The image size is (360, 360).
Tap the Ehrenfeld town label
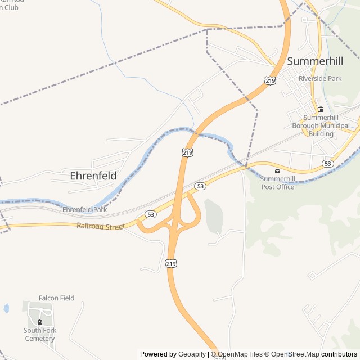point(93,175)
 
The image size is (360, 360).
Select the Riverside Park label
point(320,79)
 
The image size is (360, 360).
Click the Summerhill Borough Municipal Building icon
point(321,109)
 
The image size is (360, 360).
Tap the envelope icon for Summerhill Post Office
point(277,170)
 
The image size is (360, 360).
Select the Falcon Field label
point(56,298)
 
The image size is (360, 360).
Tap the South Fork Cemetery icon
point(39,322)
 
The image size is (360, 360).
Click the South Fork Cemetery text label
point(39,335)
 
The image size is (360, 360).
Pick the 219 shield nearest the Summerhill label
point(270,81)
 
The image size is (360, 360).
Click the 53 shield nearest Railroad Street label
point(150,214)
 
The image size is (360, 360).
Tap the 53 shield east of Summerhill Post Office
point(328,163)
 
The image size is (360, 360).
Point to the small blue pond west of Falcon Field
point(6,308)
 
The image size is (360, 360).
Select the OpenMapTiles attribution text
point(240,354)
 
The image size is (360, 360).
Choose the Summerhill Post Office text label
point(277,183)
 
